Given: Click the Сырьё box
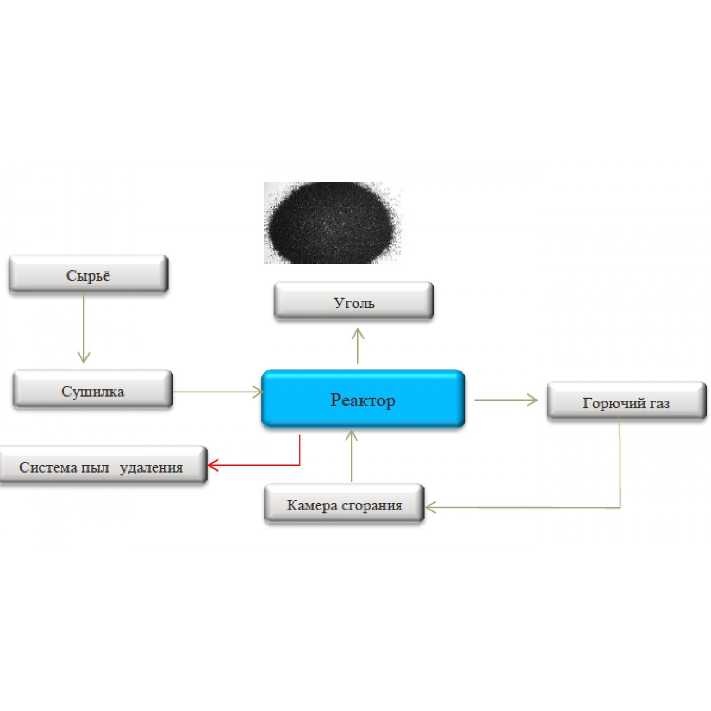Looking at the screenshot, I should [x=88, y=274].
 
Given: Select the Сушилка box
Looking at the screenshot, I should [x=92, y=391].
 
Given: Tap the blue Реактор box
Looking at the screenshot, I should [x=363, y=399].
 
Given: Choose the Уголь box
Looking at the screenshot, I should [x=354, y=302].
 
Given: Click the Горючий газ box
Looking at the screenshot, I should [x=626, y=402].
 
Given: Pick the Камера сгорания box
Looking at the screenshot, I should [x=344, y=504].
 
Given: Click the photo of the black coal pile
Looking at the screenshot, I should [x=333, y=222].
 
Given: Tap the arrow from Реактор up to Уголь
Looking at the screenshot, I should [x=358, y=346].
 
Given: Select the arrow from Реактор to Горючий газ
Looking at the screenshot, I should [x=505, y=400].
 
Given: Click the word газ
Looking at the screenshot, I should [x=659, y=403].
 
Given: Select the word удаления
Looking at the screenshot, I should [x=151, y=468].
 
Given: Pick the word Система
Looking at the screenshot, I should [x=48, y=467].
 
